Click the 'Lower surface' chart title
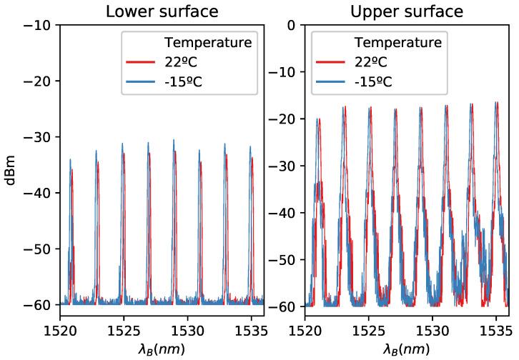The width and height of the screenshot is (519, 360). click(162, 11)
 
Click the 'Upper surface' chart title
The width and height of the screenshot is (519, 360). click(406, 11)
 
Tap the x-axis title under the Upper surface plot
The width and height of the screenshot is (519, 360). click(406, 349)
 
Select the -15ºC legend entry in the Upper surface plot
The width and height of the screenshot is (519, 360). click(374, 80)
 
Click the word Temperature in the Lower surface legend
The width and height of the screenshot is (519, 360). click(208, 43)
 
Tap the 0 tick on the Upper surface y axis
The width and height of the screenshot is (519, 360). click(290, 25)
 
